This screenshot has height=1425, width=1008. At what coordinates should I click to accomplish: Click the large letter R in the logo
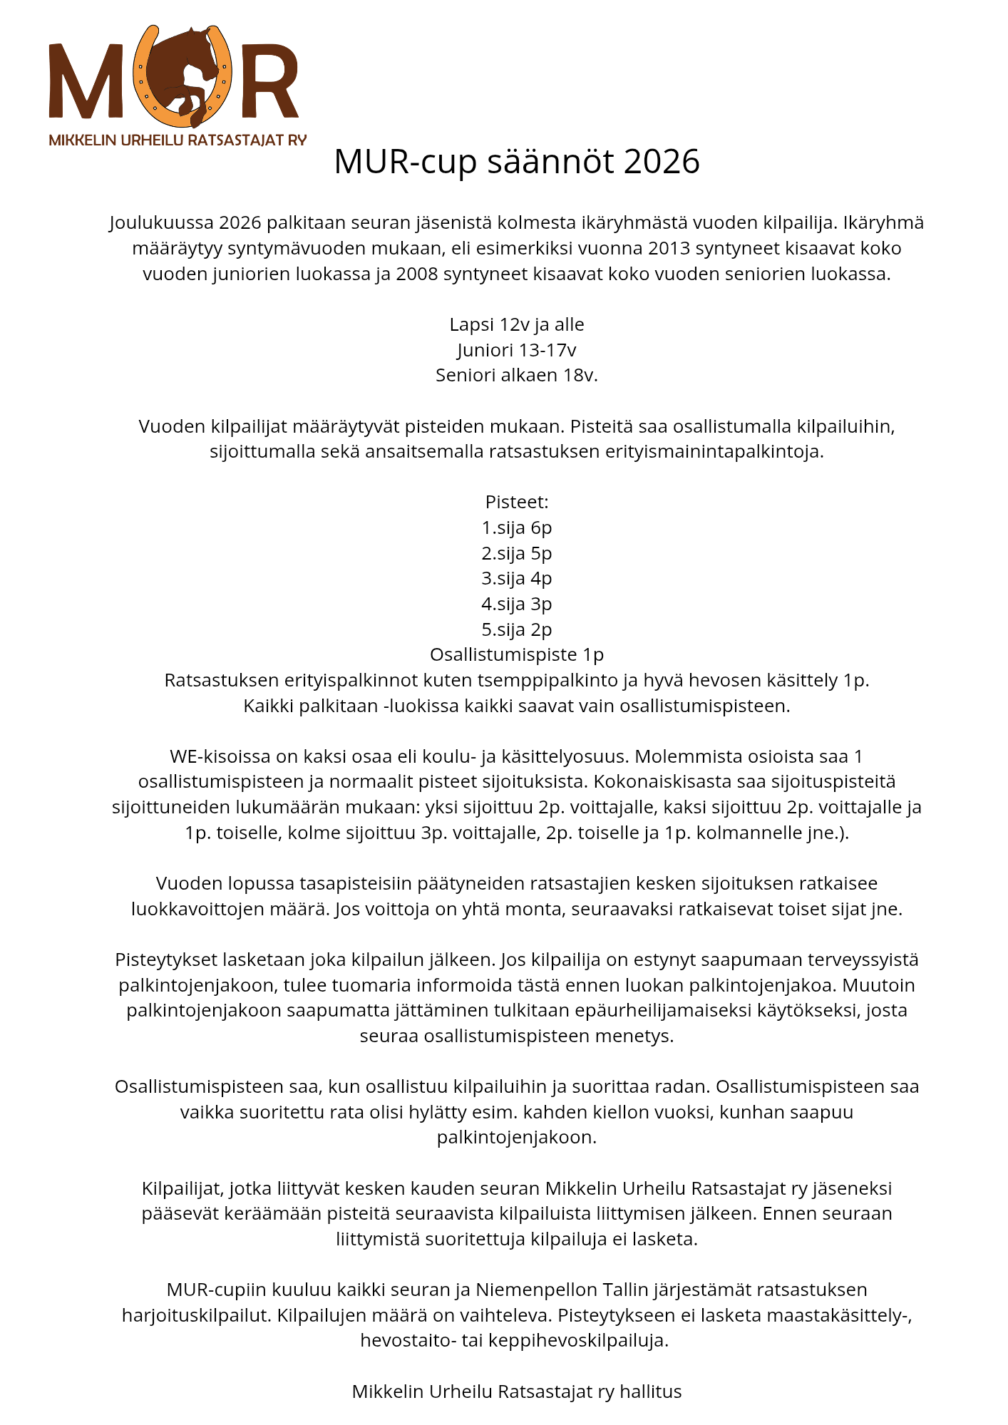point(269,81)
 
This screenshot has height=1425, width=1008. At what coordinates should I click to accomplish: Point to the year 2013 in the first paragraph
point(669,249)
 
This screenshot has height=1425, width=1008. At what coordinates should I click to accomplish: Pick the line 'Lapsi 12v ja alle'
point(516,325)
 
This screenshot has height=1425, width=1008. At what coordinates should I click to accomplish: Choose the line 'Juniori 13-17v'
point(516,350)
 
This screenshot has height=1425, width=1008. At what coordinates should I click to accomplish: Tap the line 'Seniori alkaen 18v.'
point(516,376)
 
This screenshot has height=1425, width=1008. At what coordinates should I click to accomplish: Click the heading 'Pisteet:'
point(516,503)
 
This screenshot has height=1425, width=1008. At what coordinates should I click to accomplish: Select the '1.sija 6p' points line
point(516,528)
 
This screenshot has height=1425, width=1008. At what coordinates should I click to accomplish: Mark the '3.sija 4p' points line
point(516,579)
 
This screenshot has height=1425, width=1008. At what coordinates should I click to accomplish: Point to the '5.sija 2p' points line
point(516,630)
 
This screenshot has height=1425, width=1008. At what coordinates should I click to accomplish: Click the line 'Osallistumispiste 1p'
point(516,655)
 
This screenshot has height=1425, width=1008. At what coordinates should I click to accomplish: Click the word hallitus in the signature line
point(650,1391)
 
